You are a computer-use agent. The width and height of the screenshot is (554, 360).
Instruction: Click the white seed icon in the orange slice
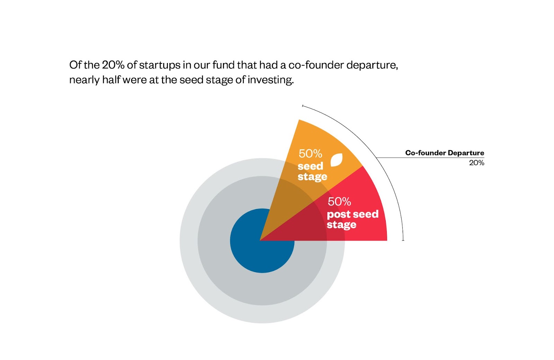click(337, 160)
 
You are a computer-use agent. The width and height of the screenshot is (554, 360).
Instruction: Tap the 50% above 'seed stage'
click(310, 154)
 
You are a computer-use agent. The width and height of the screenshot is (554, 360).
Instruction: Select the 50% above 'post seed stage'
click(339, 202)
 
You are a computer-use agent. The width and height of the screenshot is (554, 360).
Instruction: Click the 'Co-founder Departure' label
click(445, 153)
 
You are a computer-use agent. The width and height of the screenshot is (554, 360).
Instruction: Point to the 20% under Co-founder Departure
click(476, 163)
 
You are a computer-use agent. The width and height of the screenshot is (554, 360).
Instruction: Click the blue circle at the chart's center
click(262, 241)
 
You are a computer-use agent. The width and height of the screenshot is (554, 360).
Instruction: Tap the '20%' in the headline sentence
click(113, 65)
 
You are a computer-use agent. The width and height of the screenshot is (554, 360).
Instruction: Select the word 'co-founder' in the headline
click(315, 65)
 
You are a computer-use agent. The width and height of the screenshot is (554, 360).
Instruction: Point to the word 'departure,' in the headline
click(372, 66)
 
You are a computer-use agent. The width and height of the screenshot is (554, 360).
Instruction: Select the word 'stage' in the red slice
click(341, 225)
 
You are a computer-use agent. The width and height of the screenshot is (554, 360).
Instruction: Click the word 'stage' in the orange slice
click(312, 177)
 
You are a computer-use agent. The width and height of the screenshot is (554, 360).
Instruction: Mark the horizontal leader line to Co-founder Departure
click(430, 157)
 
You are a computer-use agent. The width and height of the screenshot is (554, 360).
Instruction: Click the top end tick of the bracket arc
click(303, 106)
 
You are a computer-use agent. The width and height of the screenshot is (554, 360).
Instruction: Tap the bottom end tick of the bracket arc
click(403, 240)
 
